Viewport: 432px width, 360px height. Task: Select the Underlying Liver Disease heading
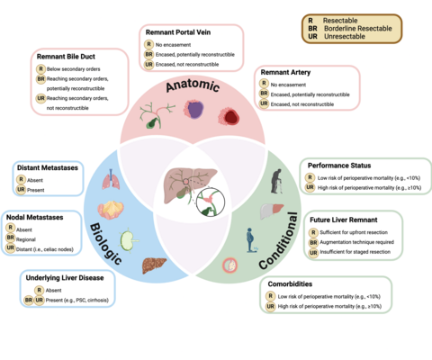[x=67, y=279]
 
